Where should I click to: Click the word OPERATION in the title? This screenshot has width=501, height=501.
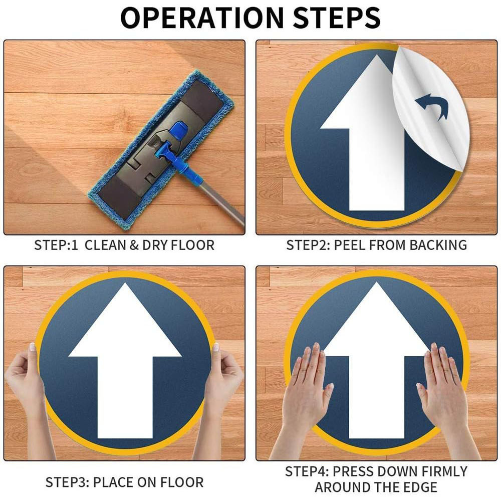[202, 18]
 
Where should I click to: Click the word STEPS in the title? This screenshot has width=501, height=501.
[337, 18]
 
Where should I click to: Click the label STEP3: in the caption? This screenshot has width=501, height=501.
[67, 482]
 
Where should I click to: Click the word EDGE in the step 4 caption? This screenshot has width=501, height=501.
[421, 487]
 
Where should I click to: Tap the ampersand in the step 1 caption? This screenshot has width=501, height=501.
[134, 245]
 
